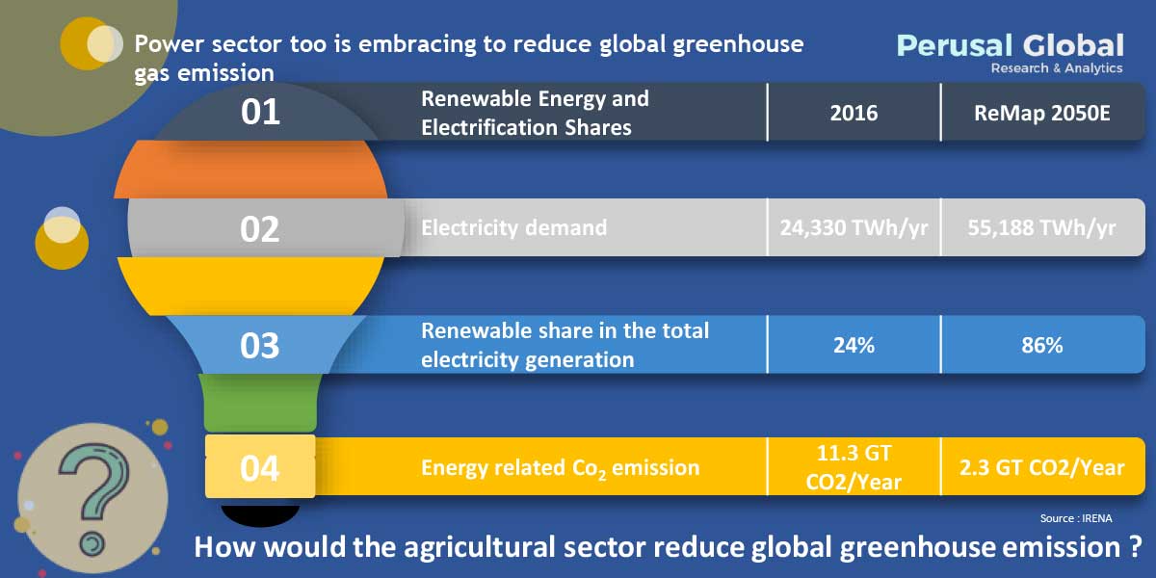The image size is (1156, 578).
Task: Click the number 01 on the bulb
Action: click(x=260, y=112)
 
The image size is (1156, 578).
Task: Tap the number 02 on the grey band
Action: click(x=260, y=229)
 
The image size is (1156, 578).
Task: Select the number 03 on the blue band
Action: click(x=260, y=345)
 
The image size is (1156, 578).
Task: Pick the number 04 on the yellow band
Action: click(x=260, y=468)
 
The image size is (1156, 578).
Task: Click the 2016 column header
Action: click(x=854, y=113)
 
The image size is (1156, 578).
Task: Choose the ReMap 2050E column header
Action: click(x=1042, y=113)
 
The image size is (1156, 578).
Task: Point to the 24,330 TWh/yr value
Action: click(x=854, y=228)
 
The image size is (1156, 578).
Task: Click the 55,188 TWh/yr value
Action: click(x=1042, y=228)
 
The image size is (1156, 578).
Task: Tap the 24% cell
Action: click(x=854, y=345)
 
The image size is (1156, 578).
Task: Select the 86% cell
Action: click(x=1042, y=345)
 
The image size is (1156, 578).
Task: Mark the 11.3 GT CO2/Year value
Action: click(x=854, y=467)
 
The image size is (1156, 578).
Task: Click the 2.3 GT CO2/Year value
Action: click(x=1042, y=467)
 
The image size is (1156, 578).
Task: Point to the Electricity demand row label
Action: click(x=514, y=228)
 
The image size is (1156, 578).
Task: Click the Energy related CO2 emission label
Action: click(x=561, y=469)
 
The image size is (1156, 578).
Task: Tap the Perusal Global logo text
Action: click(x=1010, y=45)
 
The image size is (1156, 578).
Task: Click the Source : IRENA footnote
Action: click(x=1076, y=518)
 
